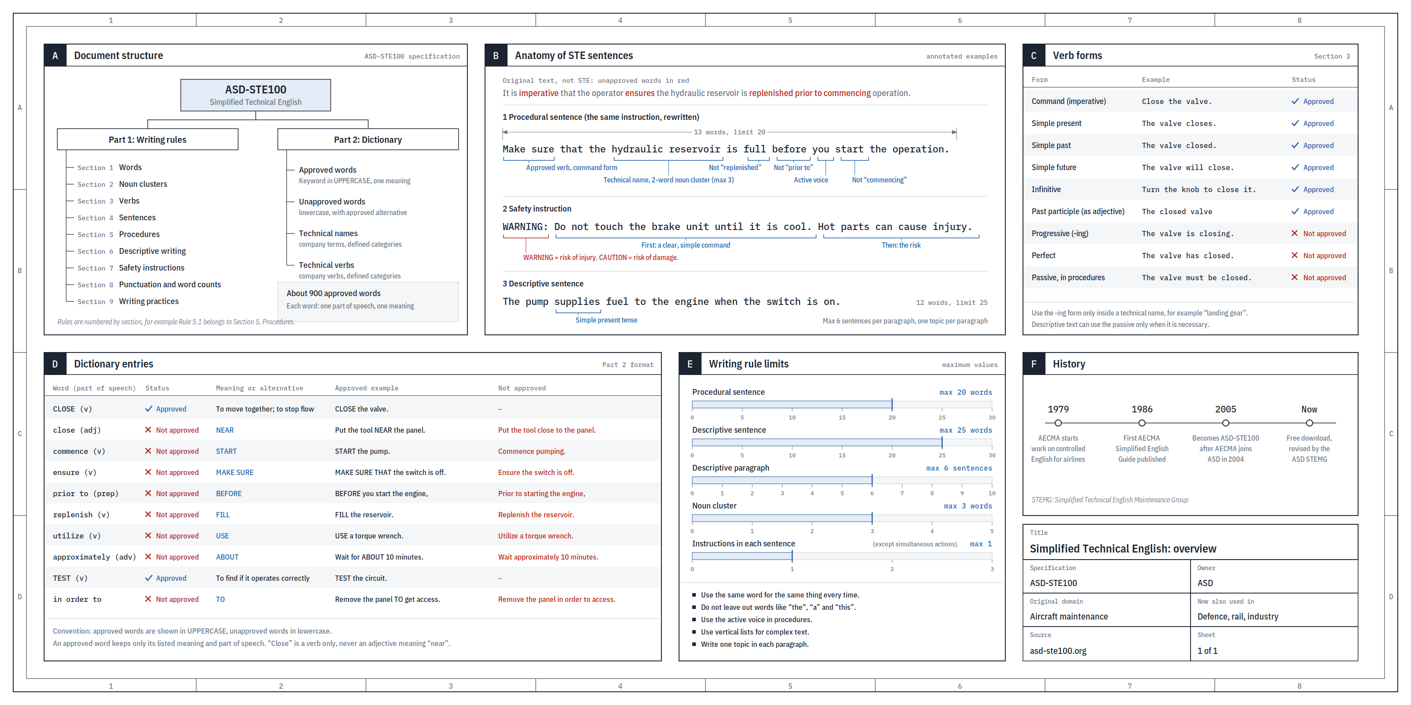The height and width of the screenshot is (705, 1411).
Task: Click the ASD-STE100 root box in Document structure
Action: click(x=256, y=95)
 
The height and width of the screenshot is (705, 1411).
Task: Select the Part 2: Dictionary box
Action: click(x=368, y=140)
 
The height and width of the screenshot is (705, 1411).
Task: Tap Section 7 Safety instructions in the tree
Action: click(x=131, y=267)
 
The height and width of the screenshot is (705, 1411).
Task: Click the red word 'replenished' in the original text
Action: click(x=771, y=93)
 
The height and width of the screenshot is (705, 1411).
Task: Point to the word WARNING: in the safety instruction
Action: click(x=525, y=226)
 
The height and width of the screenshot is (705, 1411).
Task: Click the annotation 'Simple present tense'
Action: click(x=606, y=320)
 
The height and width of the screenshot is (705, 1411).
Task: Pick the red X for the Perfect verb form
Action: click(x=1294, y=256)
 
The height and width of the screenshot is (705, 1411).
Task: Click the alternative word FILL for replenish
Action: click(x=223, y=515)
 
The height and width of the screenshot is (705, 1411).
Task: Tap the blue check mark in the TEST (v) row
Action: click(x=149, y=578)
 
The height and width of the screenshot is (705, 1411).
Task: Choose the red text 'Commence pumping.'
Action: click(x=531, y=452)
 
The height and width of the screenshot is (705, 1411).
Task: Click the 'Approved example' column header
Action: click(x=366, y=388)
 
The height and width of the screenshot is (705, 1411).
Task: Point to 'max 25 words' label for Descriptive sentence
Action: click(x=966, y=430)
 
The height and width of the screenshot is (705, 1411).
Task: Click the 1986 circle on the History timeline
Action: click(x=1142, y=423)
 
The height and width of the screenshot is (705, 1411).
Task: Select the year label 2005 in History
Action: click(x=1226, y=409)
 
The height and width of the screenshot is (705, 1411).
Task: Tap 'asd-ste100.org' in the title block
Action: click(x=1058, y=651)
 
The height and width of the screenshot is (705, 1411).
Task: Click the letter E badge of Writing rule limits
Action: click(x=690, y=364)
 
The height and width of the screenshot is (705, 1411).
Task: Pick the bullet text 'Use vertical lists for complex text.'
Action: click(x=755, y=632)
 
